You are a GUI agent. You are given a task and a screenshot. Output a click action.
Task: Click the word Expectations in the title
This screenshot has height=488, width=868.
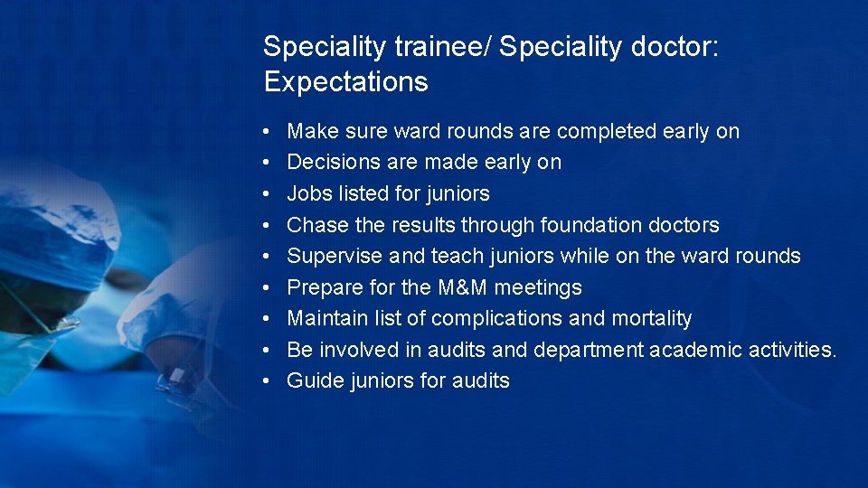coord(345,82)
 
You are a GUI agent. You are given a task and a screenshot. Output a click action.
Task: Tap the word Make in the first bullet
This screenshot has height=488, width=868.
coord(310,131)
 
